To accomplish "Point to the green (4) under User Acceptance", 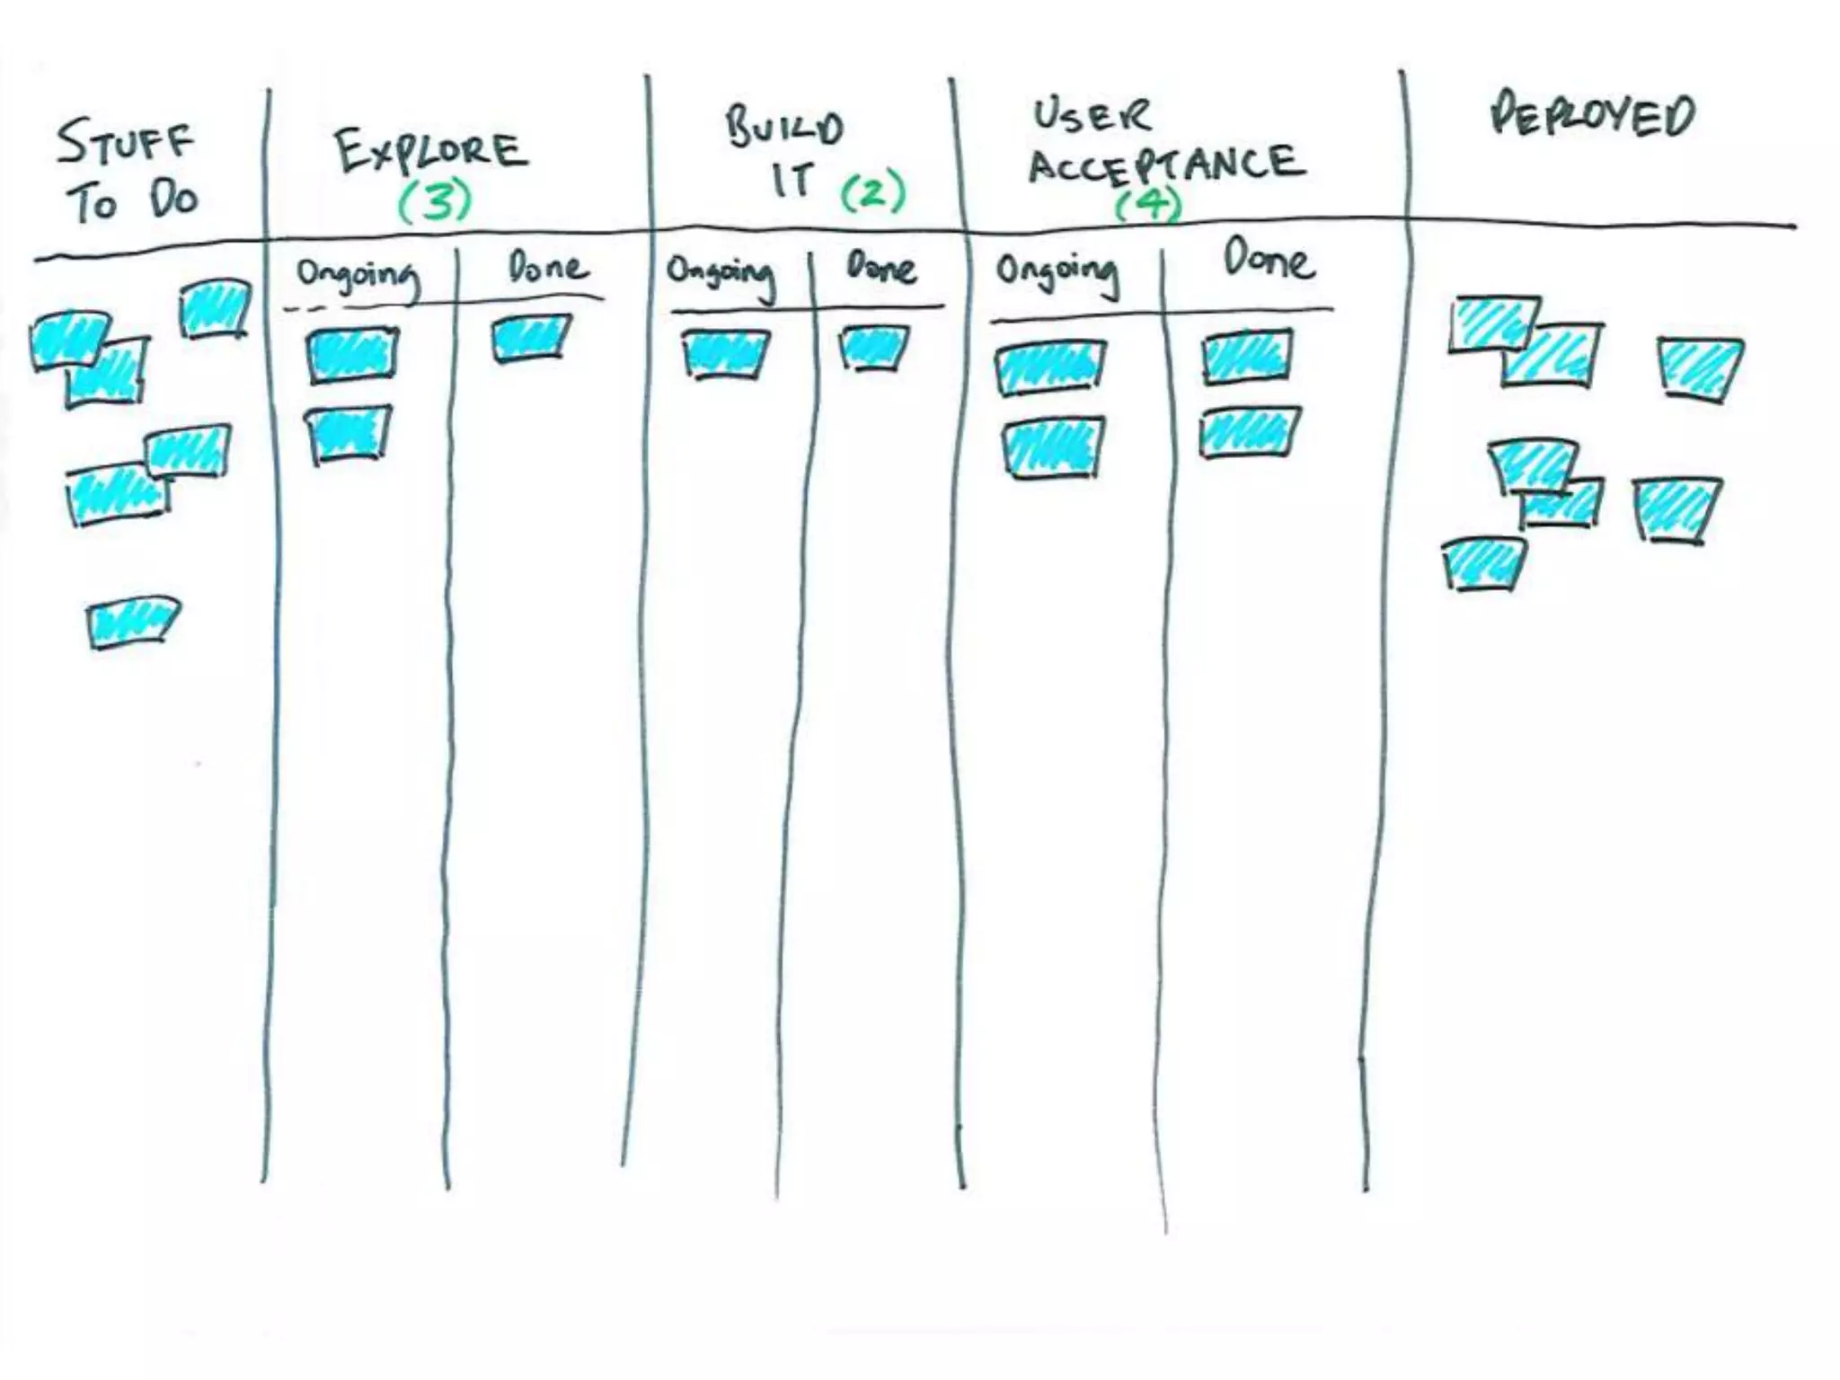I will (1148, 205).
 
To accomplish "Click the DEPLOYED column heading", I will (1592, 117).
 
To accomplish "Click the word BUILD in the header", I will (784, 128).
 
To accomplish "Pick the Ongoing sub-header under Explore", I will (358, 275).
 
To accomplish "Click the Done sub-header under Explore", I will (547, 267).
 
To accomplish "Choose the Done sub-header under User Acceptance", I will (1269, 261).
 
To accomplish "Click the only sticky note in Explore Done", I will (531, 338).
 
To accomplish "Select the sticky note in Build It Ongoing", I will (725, 354).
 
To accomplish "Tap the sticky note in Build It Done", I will (873, 347).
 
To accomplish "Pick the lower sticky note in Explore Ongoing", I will (349, 434).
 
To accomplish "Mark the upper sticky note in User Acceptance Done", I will (1247, 356).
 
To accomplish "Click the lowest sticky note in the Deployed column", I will (1483, 563).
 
